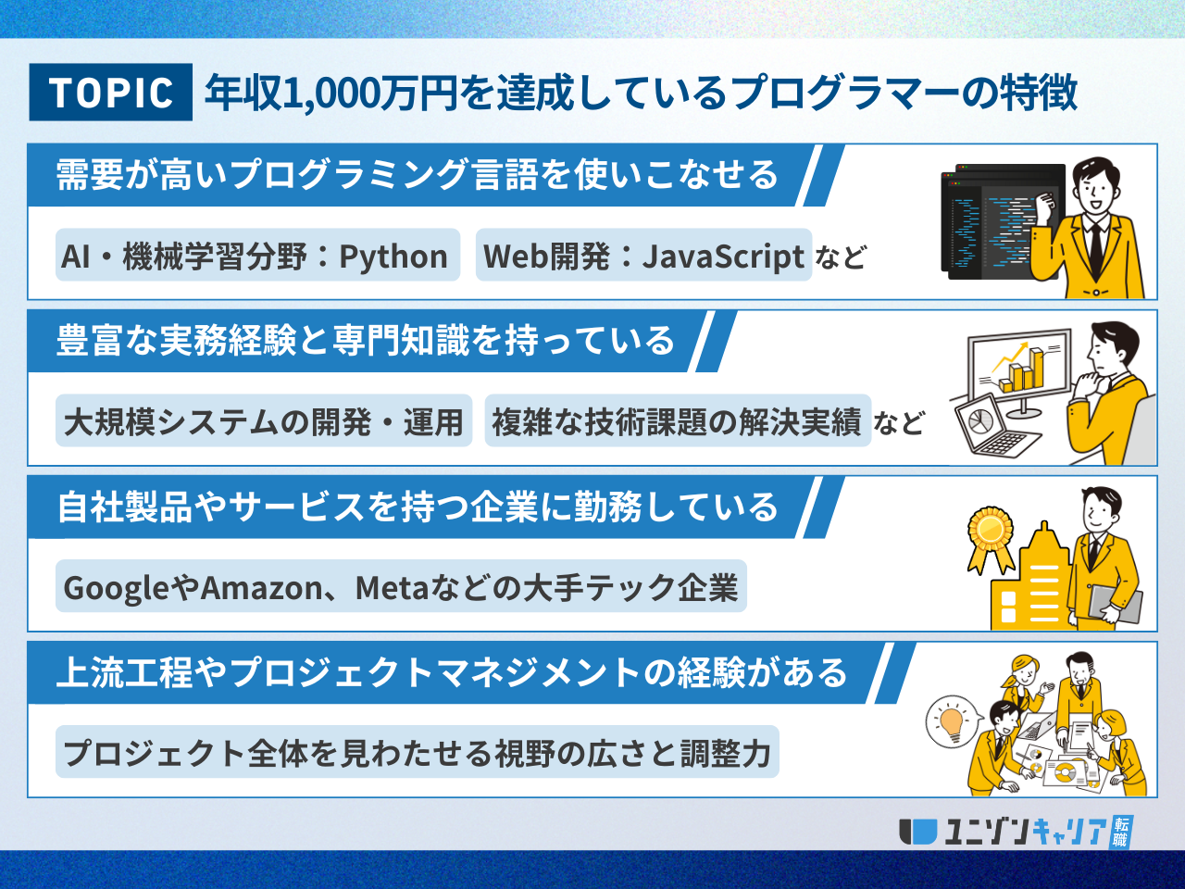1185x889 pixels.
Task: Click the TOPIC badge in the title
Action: point(111,93)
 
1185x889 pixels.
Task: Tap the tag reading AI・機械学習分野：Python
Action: point(256,256)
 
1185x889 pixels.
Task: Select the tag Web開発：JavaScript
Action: point(643,256)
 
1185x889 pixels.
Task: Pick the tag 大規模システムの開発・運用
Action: point(264,421)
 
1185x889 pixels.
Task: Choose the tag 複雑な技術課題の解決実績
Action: point(677,421)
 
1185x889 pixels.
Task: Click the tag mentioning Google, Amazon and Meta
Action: point(401,587)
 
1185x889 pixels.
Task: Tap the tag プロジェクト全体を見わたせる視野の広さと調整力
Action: point(417,752)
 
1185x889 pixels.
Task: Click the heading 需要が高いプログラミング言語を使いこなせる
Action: point(417,175)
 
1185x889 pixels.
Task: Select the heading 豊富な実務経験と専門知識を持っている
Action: point(366,341)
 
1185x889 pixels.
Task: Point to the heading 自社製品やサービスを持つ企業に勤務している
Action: point(417,507)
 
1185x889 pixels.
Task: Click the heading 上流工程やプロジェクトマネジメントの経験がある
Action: point(451,672)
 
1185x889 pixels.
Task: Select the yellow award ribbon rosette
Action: point(989,535)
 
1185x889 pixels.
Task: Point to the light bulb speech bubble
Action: point(951,720)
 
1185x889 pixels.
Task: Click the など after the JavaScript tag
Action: point(841,257)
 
